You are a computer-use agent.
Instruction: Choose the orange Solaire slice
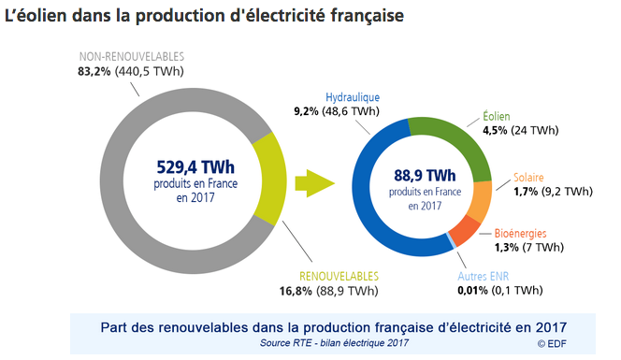[478, 199]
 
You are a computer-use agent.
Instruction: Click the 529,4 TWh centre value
[189, 166]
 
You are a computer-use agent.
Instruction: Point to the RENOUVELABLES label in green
[339, 277]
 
